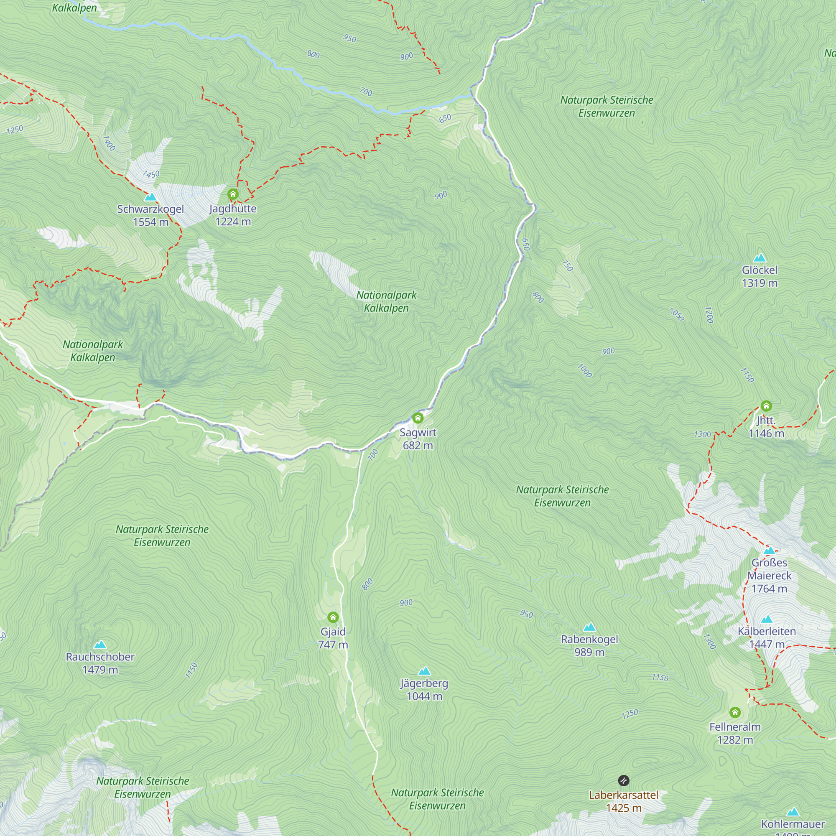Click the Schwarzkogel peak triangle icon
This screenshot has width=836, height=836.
pyautogui.click(x=150, y=197)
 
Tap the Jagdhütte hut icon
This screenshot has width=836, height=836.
pyautogui.click(x=233, y=194)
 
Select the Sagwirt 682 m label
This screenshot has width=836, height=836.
pyautogui.click(x=418, y=439)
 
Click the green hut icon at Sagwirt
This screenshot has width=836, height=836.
pyautogui.click(x=418, y=418)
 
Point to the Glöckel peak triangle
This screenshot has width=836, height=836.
pyautogui.click(x=760, y=258)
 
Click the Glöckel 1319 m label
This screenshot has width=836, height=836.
pyautogui.click(x=760, y=276)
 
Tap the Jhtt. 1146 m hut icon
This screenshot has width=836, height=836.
pyautogui.click(x=766, y=406)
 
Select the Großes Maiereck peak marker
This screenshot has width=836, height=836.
pyautogui.click(x=770, y=551)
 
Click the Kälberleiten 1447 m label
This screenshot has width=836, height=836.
pyautogui.click(x=767, y=637)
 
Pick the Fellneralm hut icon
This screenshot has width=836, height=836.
pyautogui.click(x=735, y=712)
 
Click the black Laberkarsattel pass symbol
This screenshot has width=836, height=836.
pyautogui.click(x=624, y=780)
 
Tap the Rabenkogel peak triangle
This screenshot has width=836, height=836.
pyautogui.click(x=589, y=627)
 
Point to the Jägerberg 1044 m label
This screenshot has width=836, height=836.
pyautogui.click(x=424, y=690)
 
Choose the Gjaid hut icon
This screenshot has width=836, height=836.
pyautogui.click(x=333, y=617)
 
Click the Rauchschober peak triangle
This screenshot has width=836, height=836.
pyautogui.click(x=100, y=645)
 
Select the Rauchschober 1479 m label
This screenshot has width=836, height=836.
pyautogui.click(x=100, y=663)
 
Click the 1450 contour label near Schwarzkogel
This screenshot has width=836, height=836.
pyautogui.click(x=151, y=174)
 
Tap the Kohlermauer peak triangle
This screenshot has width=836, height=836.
pyautogui.click(x=793, y=812)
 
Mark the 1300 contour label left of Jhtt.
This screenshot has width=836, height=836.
pyautogui.click(x=702, y=434)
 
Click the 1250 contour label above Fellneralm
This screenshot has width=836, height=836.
pyautogui.click(x=630, y=714)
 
